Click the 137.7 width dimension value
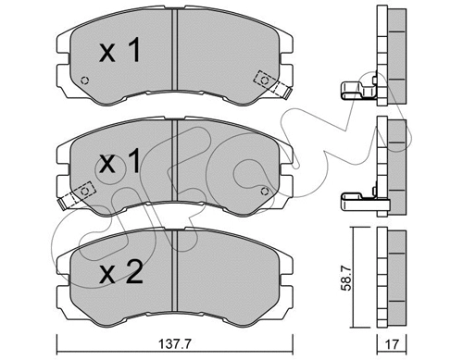tap(175, 343)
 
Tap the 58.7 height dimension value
tap(346, 279)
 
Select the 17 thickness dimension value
tap(392, 344)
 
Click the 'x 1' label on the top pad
tap(120, 50)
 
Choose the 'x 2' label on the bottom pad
tap(121, 272)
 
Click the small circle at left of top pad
tap(84, 81)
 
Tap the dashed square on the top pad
tap(265, 81)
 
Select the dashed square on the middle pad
tap(84, 192)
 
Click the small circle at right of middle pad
tap(265, 192)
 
